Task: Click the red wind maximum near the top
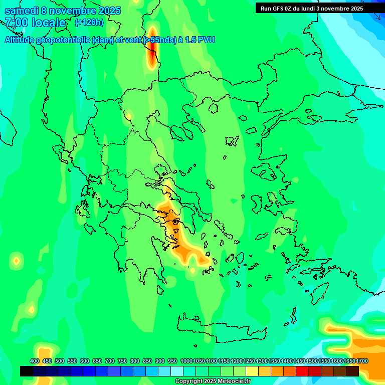coord(152,53)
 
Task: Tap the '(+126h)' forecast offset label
coord(89,22)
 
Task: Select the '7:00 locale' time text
coord(35,23)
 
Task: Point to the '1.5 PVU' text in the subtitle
coord(200,40)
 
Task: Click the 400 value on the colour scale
coord(35,361)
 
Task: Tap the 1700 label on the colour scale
coord(362,361)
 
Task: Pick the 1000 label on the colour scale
coord(186,361)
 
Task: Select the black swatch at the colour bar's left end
coord(27,371)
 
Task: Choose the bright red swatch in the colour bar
coord(302,371)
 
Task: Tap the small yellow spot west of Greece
coord(17,260)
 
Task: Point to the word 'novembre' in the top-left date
coord(75,11)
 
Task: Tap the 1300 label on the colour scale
coord(262,361)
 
